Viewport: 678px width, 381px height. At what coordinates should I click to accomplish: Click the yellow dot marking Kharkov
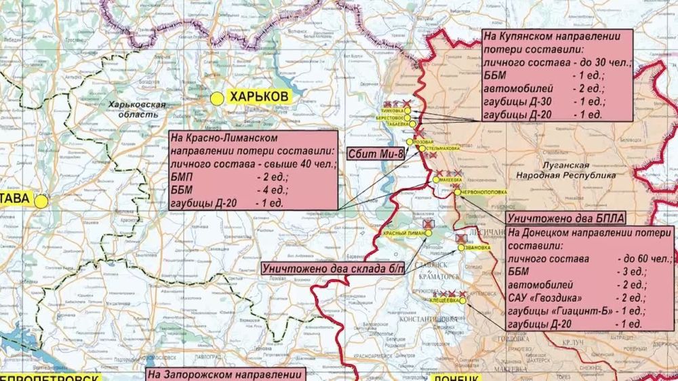[216, 98]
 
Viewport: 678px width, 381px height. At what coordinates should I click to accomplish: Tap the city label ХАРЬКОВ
[259, 97]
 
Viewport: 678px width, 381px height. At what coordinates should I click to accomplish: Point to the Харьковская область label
[138, 110]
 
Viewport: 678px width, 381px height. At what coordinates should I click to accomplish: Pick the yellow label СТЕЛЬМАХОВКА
[445, 147]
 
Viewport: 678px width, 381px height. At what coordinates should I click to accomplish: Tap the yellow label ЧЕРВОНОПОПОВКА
[481, 192]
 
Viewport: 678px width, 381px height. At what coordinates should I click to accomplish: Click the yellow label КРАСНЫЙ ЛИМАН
[405, 233]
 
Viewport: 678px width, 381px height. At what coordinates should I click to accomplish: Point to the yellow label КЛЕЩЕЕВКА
[444, 300]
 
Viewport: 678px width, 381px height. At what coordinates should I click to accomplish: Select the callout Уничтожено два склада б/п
[332, 268]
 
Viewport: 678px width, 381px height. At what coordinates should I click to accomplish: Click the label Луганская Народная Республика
[565, 170]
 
